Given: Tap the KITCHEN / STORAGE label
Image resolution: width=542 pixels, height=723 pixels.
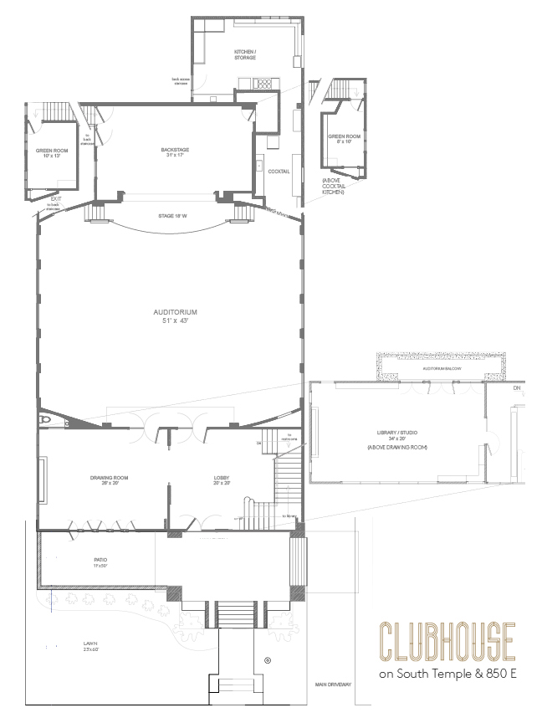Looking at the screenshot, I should point(244,54).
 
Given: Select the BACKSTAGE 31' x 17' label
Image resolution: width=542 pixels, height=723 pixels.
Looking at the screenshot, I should point(176,152).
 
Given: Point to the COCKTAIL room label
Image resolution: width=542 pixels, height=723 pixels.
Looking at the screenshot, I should point(279,172).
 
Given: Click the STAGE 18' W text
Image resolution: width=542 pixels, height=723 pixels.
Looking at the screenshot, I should point(171,216).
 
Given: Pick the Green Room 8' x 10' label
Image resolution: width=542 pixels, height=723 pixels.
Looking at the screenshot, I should point(342,138).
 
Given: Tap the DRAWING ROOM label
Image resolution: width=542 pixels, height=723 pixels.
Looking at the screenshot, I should point(108,480).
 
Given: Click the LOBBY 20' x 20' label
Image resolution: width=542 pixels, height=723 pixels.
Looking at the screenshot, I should point(221,480).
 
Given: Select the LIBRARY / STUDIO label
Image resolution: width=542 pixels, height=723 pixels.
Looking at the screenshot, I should point(397,436).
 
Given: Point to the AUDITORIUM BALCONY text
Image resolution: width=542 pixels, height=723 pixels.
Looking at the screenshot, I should point(441,368).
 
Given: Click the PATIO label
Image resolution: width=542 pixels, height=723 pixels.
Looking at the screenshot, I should point(100,563).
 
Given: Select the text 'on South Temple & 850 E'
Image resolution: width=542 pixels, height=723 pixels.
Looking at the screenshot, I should point(447,674).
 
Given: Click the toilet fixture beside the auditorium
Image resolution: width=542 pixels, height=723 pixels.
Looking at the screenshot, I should point(46,419).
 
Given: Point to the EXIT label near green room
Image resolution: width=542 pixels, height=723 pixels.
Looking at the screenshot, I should point(55,199).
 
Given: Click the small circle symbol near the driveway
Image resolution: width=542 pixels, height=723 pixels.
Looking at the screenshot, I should point(268,660).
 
